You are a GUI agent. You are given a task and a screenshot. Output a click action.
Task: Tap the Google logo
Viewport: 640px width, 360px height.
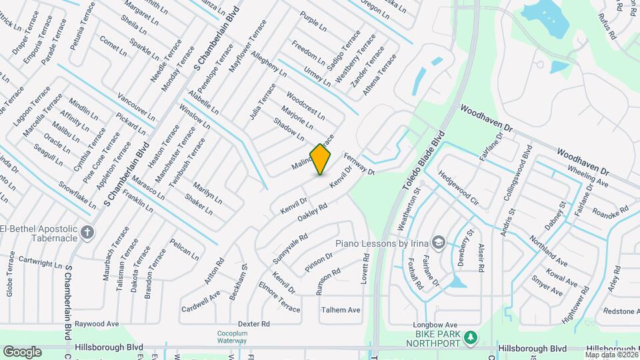[22, 352]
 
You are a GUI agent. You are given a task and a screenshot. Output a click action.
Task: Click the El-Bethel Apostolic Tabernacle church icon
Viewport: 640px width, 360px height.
[87, 232]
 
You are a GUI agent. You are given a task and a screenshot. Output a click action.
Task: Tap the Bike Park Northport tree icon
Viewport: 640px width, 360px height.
[471, 337]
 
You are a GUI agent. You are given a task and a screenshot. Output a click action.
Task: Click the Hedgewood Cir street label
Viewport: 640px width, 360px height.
[459, 187]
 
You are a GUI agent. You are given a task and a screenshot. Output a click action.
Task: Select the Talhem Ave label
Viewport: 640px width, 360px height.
[341, 310]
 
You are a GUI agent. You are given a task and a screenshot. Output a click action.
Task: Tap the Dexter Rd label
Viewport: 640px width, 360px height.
[253, 324]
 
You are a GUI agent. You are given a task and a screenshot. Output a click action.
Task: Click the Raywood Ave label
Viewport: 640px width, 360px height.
[96, 324]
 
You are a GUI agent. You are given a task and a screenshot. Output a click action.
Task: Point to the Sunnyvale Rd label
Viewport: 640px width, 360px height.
[290, 247]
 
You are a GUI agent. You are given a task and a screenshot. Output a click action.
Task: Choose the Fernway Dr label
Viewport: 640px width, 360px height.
[359, 164]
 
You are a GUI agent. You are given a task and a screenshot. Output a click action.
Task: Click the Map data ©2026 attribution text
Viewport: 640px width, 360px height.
[610, 353]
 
